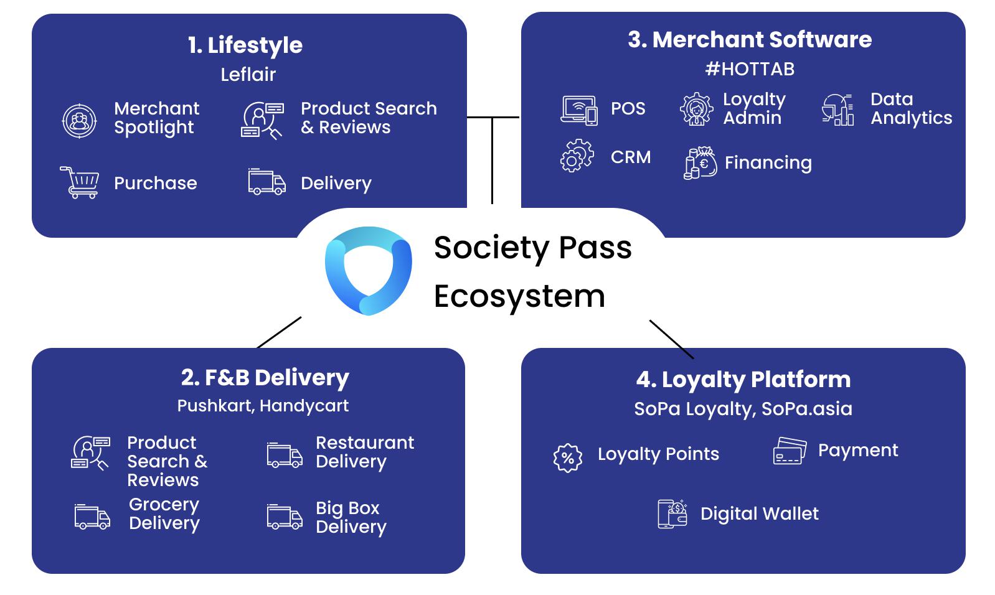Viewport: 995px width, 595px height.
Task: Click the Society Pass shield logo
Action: [368, 270]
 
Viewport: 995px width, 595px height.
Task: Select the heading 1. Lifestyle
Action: [245, 45]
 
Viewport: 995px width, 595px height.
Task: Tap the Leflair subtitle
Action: [248, 75]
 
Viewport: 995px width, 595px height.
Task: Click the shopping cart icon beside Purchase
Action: [80, 182]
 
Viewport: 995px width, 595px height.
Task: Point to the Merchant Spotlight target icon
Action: [80, 121]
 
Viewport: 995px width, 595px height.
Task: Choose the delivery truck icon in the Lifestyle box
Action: [266, 182]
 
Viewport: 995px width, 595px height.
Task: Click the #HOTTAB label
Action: [750, 68]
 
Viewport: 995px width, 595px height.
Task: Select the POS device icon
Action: [579, 110]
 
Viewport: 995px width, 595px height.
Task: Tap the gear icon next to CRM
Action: [577, 156]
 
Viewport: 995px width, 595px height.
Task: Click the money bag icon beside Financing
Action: [700, 163]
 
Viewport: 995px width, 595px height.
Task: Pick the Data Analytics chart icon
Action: [837, 110]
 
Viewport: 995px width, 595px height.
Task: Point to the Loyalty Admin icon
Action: [696, 109]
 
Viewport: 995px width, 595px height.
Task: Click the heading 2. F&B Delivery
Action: [265, 377]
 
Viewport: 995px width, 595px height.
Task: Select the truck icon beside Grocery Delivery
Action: [92, 517]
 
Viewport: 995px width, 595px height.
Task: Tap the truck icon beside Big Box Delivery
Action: [285, 517]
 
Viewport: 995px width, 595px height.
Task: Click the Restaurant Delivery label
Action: [364, 452]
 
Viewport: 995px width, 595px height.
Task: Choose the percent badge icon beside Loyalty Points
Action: [567, 458]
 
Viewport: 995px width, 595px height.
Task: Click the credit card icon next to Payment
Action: [790, 451]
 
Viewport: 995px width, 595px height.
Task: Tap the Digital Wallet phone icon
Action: [672, 513]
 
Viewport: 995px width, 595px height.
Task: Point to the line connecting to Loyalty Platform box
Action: [671, 339]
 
